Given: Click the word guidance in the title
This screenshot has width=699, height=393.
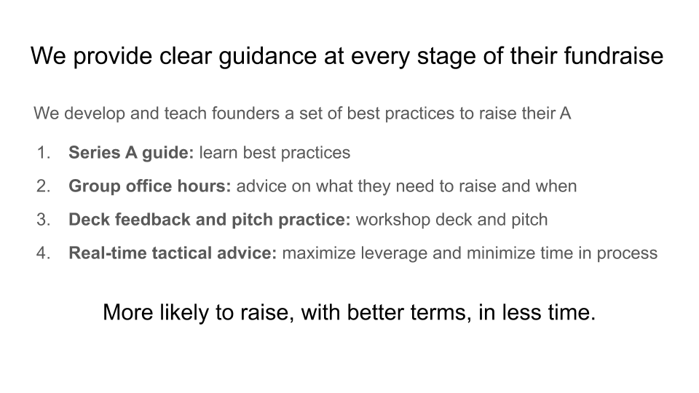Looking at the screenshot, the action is pos(267,57).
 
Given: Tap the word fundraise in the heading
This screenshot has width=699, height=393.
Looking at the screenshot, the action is pos(613,56).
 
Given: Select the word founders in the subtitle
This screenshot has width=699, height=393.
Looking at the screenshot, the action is pos(245,114).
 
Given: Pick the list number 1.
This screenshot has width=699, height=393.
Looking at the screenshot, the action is pos(44,153).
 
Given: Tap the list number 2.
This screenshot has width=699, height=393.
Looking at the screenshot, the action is pos(43,186).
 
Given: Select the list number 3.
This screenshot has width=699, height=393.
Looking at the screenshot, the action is pos(43,220).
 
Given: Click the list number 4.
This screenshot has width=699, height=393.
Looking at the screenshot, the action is pos(43,253).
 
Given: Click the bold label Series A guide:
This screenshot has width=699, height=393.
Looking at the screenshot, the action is pos(131,153).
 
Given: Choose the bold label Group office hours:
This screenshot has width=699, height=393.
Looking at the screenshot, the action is pos(150,186).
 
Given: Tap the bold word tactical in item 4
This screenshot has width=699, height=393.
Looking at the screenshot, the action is pos(182,253).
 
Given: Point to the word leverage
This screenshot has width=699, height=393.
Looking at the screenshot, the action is pos(394,253).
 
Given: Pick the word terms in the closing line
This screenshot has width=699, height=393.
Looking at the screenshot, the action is pos(441,313).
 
